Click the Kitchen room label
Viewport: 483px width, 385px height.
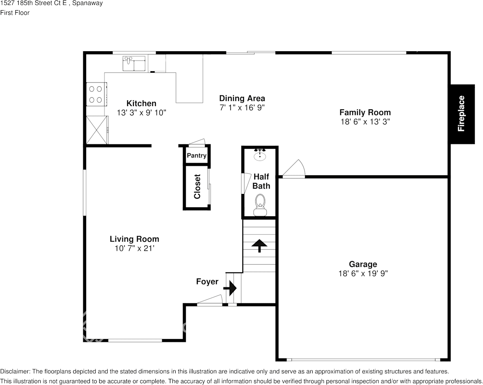[x=141, y=103]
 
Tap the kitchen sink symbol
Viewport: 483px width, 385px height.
[x=134, y=63]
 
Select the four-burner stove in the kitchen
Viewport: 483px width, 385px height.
[x=96, y=94]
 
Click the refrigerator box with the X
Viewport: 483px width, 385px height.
[x=97, y=130]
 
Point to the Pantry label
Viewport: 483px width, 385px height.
[x=196, y=156]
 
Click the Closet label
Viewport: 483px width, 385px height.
[x=197, y=187]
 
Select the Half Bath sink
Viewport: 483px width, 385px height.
[x=260, y=155]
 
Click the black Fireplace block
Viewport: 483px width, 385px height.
[x=462, y=114]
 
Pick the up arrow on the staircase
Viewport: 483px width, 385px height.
[x=259, y=245]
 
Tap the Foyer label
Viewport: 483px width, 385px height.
[x=207, y=282]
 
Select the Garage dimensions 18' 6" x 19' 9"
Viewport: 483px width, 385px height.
[x=363, y=274]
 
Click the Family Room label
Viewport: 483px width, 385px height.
[x=365, y=112]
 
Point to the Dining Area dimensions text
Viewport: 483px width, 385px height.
[x=242, y=108]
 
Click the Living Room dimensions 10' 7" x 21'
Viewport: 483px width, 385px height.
[x=134, y=248]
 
